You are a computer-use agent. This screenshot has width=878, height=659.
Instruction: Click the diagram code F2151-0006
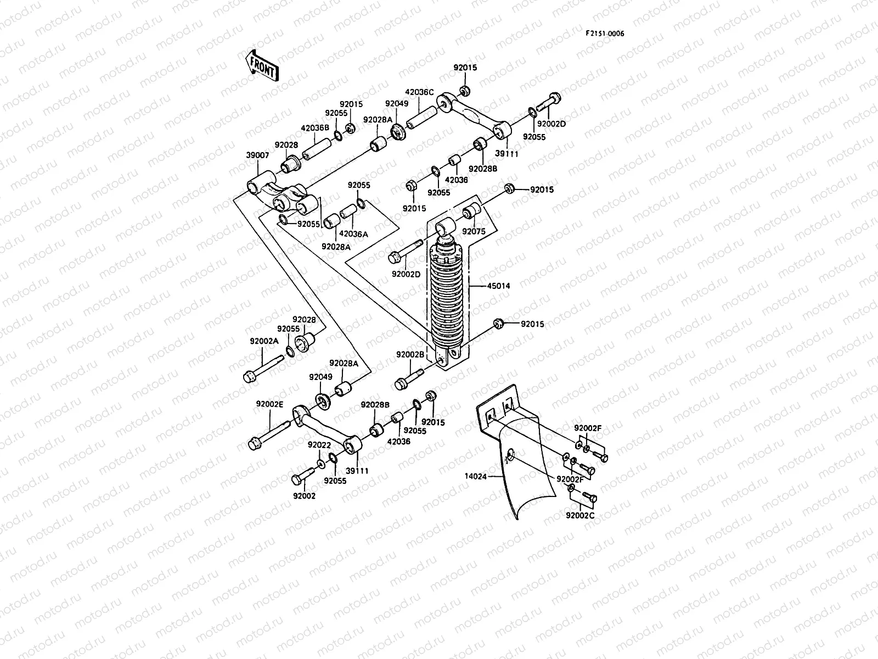604,33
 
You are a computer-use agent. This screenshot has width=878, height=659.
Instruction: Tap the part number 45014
498,286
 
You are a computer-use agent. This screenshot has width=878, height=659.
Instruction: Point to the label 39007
257,155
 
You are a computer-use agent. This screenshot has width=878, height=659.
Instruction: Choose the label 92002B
410,355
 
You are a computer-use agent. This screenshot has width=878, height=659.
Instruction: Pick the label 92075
474,231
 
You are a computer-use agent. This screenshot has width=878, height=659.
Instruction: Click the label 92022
319,445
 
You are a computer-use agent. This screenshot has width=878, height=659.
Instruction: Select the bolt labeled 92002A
262,368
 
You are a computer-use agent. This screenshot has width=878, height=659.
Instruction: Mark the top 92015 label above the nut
465,68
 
